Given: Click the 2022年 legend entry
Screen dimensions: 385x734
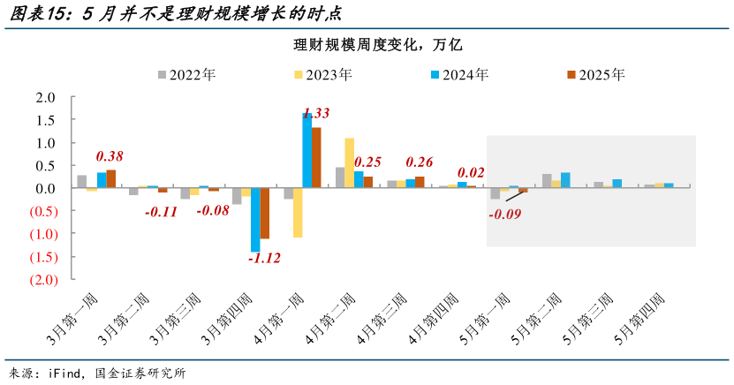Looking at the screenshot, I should (x=186, y=75).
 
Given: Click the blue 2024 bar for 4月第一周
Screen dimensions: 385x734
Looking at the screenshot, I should (x=306, y=150).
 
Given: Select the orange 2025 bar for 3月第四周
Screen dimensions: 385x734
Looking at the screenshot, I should (x=264, y=213).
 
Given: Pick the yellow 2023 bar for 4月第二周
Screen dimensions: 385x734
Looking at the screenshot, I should (x=349, y=162).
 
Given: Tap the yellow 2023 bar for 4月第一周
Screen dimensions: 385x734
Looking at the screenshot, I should (x=298, y=213).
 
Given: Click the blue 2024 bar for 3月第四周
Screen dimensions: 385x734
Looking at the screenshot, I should (x=254, y=220).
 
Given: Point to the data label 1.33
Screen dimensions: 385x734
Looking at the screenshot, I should (x=316, y=113).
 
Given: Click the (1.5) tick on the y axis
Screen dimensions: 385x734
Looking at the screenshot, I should (x=43, y=257).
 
